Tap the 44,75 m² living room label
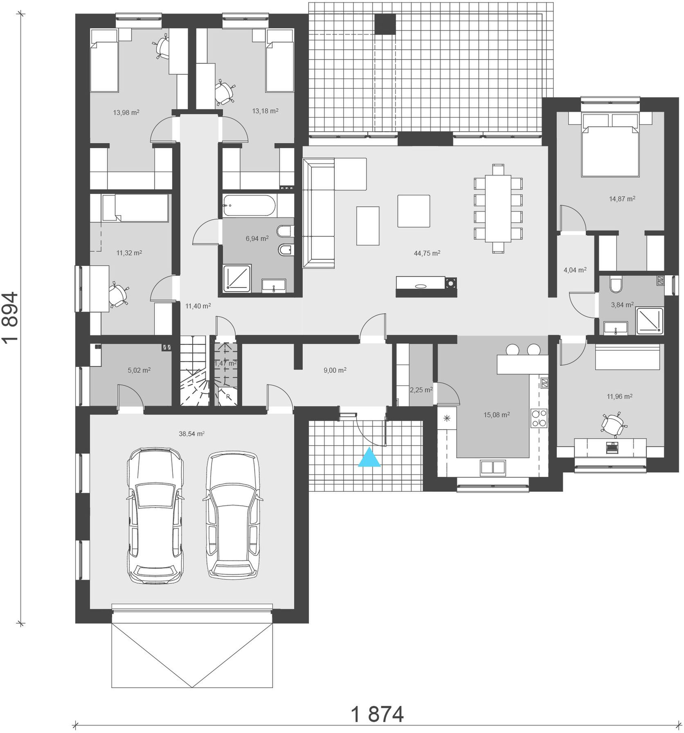427,253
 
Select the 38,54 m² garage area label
191,434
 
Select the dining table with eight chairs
498,208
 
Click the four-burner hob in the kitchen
539,418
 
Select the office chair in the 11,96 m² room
612,424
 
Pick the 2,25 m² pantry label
421,390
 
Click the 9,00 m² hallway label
335,370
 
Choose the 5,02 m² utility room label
139,370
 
